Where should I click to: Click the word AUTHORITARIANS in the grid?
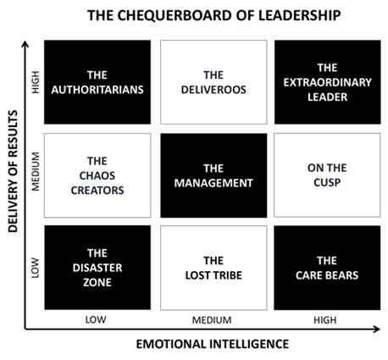pyautogui.click(x=97, y=90)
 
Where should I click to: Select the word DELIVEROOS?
pyautogui.click(x=213, y=90)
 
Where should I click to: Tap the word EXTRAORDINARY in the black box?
pyautogui.click(x=327, y=82)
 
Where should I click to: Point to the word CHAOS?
pyautogui.click(x=97, y=175)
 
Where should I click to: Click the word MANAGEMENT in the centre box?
pyautogui.click(x=213, y=183)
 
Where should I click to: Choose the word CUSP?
pyautogui.click(x=327, y=182)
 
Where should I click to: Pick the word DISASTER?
pyautogui.click(x=97, y=268)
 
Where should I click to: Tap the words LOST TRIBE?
pyautogui.click(x=213, y=275)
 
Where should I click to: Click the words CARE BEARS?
pyautogui.click(x=327, y=275)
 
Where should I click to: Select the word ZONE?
pyautogui.click(x=97, y=282)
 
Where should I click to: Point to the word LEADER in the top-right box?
pyautogui.click(x=327, y=97)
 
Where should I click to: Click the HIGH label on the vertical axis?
pyautogui.click(x=36, y=82)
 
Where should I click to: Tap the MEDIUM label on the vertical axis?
pyautogui.click(x=36, y=171)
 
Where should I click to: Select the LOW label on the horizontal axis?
pyautogui.click(x=96, y=320)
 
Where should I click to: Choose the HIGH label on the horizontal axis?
pyautogui.click(x=325, y=320)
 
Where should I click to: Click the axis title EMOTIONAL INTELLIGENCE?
pyautogui.click(x=213, y=345)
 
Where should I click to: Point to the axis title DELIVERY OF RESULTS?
pyautogui.click(x=13, y=171)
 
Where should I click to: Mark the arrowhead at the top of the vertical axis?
pyautogui.click(x=25, y=44)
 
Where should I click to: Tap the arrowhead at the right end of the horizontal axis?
pyautogui.click(x=377, y=329)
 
